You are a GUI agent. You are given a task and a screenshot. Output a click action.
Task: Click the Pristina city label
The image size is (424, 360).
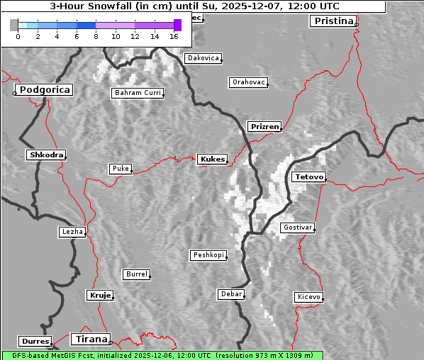(333, 21)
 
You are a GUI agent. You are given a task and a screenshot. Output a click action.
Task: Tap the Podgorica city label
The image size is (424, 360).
(44, 90)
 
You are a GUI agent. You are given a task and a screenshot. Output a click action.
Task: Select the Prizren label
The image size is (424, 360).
(264, 127)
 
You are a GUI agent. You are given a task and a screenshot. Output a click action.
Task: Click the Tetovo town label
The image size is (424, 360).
(308, 176)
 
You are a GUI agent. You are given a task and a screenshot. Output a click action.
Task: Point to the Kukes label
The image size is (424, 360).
(212, 159)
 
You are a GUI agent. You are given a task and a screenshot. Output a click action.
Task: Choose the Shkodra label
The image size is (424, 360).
(45, 154)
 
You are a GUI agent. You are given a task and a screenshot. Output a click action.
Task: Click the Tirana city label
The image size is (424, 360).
(91, 339)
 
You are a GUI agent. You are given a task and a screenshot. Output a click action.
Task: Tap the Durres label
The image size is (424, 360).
(35, 342)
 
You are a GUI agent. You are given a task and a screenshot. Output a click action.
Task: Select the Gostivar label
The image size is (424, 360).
(297, 227)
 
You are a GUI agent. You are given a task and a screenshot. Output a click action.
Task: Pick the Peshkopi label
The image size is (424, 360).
(208, 255)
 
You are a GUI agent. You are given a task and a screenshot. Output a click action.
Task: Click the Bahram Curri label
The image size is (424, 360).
(138, 93)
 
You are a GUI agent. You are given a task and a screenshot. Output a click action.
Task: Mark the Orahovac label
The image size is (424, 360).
(248, 82)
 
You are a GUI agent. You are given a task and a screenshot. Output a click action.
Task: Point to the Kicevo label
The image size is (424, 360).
(308, 297)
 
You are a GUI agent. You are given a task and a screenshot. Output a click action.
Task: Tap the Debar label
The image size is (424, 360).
(231, 294)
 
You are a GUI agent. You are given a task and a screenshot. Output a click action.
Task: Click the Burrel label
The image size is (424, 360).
(136, 274)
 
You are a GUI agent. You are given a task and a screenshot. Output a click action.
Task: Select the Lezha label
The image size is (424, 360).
(72, 232)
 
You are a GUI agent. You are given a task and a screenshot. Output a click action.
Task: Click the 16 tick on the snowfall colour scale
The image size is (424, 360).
(174, 35)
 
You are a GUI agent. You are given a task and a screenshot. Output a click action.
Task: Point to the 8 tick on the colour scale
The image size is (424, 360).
(96, 35)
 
